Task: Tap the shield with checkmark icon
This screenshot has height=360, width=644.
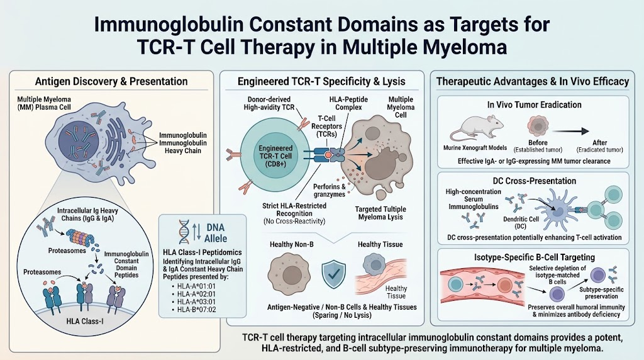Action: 333,274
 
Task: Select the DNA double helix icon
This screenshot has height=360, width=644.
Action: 184,232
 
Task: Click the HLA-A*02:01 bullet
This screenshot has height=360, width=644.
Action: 194,294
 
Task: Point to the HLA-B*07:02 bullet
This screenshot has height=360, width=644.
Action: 194,310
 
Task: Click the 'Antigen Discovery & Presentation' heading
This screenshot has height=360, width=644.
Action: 111,81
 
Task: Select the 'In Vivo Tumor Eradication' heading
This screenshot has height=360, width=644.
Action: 534,105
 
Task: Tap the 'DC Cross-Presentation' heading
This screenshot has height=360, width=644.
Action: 535,181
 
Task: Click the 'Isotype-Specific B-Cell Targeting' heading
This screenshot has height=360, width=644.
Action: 535,257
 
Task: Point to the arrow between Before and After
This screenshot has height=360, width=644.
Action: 570,131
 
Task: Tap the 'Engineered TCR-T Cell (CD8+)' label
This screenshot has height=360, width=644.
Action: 275,155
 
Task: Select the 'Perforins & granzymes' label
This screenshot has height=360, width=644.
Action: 330,190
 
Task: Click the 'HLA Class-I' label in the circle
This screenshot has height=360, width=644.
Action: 85,321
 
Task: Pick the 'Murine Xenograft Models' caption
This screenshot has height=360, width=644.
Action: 475,147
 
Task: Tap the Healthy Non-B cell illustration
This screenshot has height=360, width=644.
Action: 291,274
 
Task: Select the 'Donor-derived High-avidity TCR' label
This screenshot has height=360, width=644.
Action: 269,103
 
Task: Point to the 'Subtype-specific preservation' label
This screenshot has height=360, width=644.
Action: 601,293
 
